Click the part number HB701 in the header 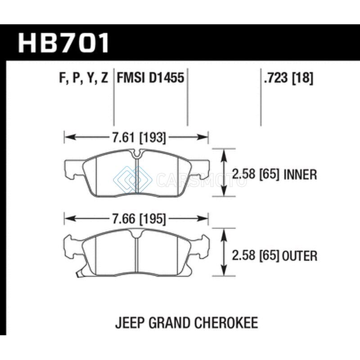[x=63, y=43]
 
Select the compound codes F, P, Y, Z [x=84, y=78]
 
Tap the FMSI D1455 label [x=151, y=77]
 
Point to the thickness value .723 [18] [x=288, y=77]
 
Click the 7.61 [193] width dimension [x=139, y=138]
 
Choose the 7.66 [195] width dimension [x=139, y=219]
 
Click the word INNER [x=300, y=175]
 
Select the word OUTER [x=300, y=256]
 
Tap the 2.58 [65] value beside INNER [x=256, y=175]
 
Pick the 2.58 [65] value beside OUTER [x=256, y=256]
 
